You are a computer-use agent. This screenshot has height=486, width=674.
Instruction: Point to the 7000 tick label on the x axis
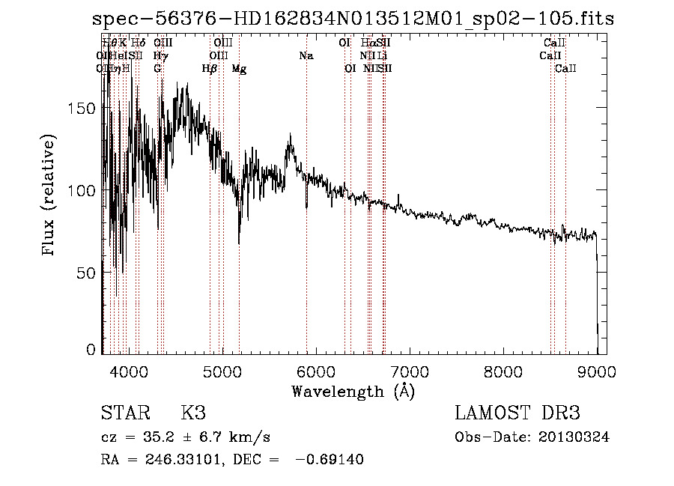pos(410,371)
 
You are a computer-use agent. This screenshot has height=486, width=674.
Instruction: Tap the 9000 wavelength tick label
pos(597,371)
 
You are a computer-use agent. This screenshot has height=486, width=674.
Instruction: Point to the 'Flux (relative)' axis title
pos(50,196)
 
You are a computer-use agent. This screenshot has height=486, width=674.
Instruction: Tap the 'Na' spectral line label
pos(306,56)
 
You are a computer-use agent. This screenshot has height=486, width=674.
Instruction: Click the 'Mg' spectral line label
pos(239,69)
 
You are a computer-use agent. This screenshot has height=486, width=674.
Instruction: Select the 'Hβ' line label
pos(210,69)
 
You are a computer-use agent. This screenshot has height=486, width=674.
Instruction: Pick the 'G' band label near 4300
pos(157,69)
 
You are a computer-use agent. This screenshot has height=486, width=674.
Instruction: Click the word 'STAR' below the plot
pos(123,413)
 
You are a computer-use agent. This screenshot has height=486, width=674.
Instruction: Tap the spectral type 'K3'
pos(192,413)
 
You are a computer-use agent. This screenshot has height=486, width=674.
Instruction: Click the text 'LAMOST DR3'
pos(517,413)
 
